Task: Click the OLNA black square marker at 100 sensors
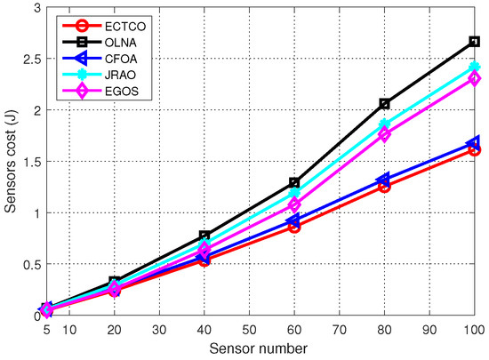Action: pyautogui.click(x=474, y=42)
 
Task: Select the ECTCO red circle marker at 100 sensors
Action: pyautogui.click(x=474, y=150)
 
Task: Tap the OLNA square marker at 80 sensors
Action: pyautogui.click(x=384, y=104)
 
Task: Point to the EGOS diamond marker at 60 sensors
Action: pyautogui.click(x=294, y=205)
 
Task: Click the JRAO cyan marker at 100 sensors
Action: pyautogui.click(x=474, y=68)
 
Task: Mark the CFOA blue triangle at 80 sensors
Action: pyautogui.click(x=384, y=180)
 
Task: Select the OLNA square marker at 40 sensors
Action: pyautogui.click(x=204, y=236)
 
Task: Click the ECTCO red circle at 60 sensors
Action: pyautogui.click(x=294, y=227)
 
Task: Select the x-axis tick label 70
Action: pyautogui.click(x=339, y=329)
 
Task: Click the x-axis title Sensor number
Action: pyautogui.click(x=260, y=348)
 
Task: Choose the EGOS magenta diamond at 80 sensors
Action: pyautogui.click(x=384, y=134)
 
